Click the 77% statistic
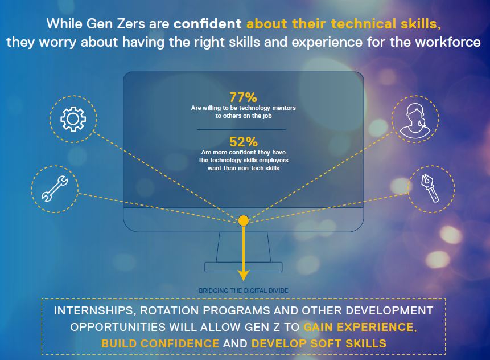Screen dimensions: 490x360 243,97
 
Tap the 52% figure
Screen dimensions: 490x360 244,142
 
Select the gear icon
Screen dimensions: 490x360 73,119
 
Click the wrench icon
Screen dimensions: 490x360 55,189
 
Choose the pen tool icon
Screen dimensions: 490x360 430,189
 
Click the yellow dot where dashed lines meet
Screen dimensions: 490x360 244,220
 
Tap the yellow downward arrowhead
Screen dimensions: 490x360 244,275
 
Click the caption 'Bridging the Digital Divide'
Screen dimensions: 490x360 244,291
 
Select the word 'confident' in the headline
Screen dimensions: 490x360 208,24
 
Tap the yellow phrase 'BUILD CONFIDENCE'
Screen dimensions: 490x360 160,343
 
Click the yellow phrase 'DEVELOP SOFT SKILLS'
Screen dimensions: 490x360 319,343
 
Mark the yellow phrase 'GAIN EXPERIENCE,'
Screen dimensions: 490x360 360,327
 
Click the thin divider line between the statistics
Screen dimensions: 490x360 241,129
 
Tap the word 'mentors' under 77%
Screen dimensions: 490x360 284,108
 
